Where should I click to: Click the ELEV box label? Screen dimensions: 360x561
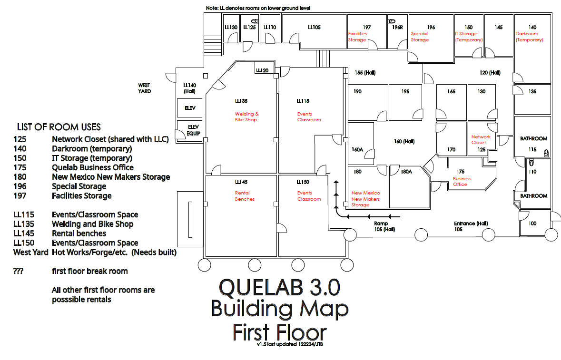[x=190, y=108]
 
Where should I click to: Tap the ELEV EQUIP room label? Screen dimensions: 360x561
[x=193, y=130]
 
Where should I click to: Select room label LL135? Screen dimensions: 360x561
[x=241, y=101]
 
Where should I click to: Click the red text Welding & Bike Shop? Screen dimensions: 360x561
[x=247, y=117]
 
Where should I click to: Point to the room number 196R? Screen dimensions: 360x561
[x=397, y=28]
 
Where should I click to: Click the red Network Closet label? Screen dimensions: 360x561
[x=481, y=140]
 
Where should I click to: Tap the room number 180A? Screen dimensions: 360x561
[x=406, y=172]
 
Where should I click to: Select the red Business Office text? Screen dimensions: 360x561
[x=462, y=182]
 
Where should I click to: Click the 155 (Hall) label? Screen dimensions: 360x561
[x=365, y=73]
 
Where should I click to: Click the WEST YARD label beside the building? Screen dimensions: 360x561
[x=145, y=88]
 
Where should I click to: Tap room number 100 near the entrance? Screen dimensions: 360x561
[x=532, y=224]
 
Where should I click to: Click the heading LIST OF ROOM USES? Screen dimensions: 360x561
[x=59, y=127]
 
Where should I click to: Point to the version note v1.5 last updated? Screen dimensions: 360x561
[x=290, y=344]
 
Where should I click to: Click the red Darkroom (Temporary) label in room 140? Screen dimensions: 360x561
[x=529, y=37]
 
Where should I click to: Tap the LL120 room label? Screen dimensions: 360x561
[x=262, y=71]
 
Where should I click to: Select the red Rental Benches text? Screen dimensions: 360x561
[x=245, y=196]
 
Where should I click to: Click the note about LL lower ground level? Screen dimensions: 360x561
[x=259, y=9]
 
